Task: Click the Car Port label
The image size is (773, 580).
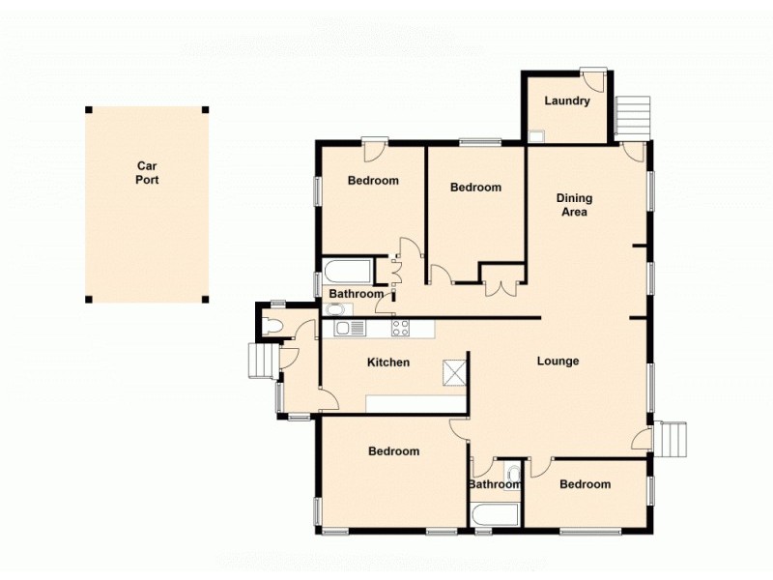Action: [147, 172]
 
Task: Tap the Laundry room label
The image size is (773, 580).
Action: [567, 101]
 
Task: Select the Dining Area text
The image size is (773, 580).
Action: [575, 205]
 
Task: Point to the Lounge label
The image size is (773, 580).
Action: [558, 362]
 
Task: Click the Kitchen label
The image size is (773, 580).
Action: [388, 362]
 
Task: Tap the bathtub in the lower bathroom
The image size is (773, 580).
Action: [495, 511]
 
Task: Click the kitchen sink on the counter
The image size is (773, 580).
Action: [350, 329]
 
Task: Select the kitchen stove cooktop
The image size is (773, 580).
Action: [401, 329]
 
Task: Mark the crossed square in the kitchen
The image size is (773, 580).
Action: [454, 372]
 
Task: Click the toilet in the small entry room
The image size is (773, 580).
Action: [272, 327]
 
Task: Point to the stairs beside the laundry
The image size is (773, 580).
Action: [632, 116]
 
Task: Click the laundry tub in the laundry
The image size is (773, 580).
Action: [535, 136]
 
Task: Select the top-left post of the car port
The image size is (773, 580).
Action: [88, 109]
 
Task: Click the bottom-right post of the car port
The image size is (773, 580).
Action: [206, 299]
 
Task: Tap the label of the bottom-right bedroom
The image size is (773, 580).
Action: [585, 484]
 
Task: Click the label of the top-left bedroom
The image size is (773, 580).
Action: [373, 181]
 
